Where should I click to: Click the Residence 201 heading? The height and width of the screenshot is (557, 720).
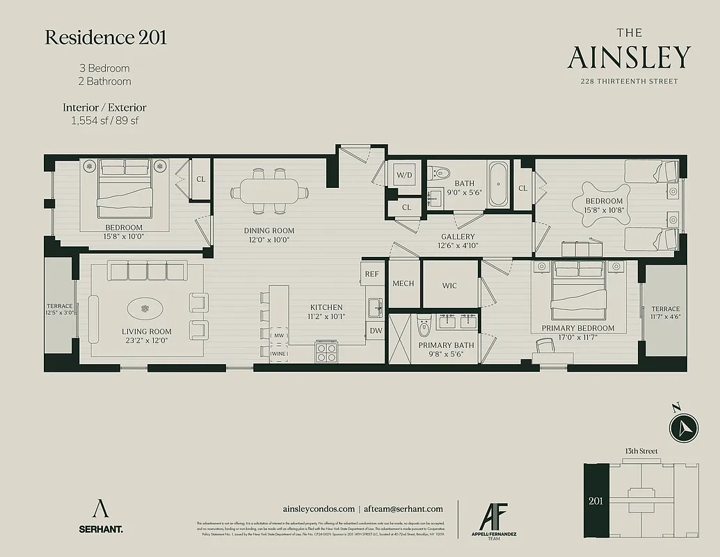(106, 38)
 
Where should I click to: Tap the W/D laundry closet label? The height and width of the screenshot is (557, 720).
(404, 174)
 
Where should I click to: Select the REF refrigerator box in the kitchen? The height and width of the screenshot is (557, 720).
(372, 274)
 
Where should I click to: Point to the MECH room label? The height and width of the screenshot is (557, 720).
(403, 284)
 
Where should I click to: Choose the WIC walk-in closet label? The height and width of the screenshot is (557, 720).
(449, 285)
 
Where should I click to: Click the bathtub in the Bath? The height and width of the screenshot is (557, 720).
(497, 185)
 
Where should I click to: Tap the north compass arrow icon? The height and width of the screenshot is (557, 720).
(683, 426)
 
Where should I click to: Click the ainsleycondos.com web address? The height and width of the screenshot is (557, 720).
(319, 509)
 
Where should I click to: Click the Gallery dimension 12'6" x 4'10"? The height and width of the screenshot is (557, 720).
(457, 246)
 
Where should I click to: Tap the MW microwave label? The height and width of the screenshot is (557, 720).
(278, 336)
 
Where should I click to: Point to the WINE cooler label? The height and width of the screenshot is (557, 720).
(278, 354)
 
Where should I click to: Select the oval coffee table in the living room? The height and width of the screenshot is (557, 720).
(145, 308)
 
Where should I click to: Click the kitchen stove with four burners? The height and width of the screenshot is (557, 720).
(326, 353)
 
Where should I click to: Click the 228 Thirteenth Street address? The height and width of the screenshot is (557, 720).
(629, 81)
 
